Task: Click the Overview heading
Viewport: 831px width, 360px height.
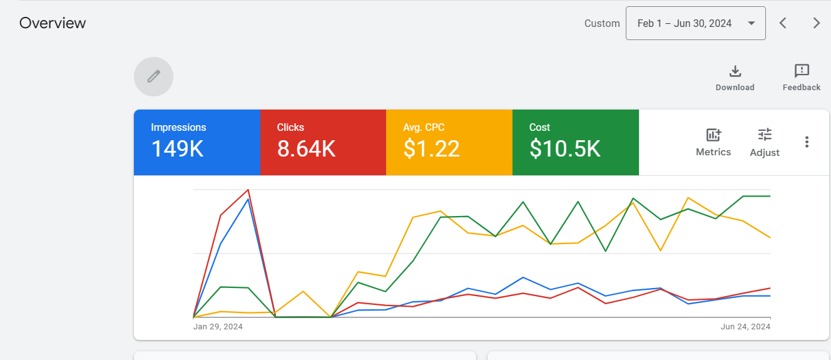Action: click(53, 23)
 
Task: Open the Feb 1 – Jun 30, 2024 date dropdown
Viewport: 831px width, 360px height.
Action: click(695, 23)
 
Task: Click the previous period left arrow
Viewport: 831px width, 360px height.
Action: click(783, 23)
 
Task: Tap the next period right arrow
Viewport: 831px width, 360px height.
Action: click(816, 23)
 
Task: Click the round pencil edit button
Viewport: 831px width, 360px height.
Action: click(153, 76)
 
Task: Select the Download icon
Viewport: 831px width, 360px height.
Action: click(735, 71)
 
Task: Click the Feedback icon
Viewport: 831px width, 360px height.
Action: click(802, 71)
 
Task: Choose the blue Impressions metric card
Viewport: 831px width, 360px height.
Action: click(196, 142)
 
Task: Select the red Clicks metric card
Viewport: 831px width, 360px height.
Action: click(323, 142)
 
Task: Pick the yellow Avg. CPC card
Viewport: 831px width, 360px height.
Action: click(449, 142)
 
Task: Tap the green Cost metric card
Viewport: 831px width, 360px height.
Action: click(576, 142)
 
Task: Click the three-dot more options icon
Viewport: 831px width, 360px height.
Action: click(807, 142)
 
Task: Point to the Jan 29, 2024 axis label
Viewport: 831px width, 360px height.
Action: click(218, 327)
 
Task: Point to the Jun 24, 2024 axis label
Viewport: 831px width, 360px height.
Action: click(745, 327)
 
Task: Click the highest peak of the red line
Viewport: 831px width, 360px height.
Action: click(248, 189)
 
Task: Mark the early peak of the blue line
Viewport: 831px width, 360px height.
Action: click(248, 199)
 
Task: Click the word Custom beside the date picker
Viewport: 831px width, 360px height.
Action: click(602, 23)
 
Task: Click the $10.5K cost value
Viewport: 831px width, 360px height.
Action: click(565, 148)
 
